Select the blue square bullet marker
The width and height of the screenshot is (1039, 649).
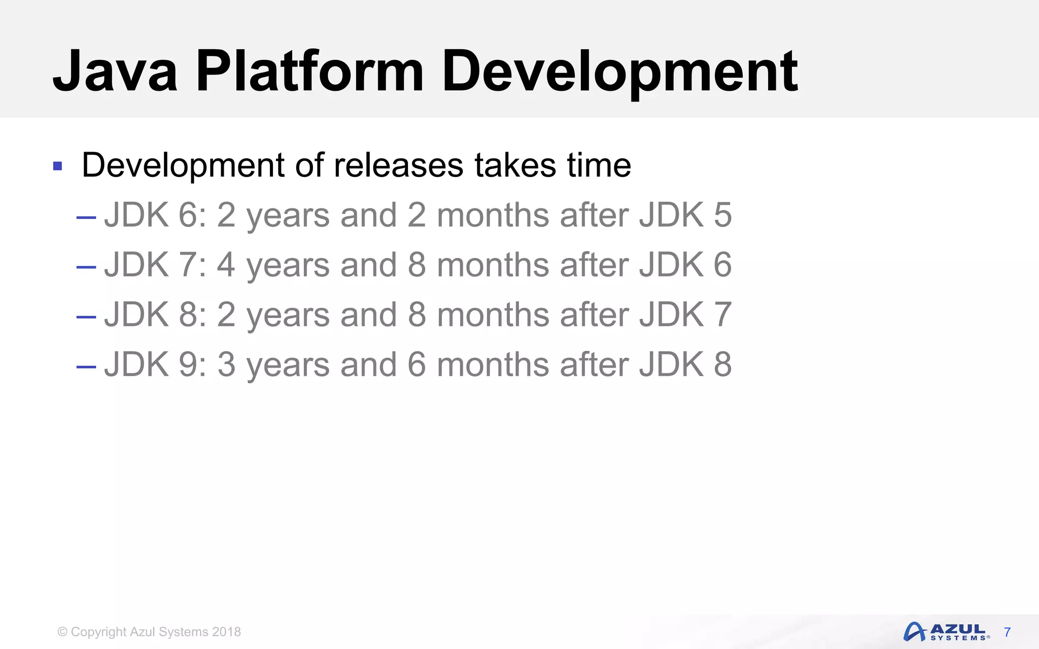tap(57, 166)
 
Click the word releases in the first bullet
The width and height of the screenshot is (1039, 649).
tap(398, 165)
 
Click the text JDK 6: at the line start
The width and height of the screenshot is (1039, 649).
tap(155, 215)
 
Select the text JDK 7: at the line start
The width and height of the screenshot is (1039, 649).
tap(155, 265)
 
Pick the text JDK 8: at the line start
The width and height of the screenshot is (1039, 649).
tap(155, 314)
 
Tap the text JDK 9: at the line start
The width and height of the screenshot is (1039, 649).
tap(155, 364)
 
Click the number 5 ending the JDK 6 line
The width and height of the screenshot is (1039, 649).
tap(722, 215)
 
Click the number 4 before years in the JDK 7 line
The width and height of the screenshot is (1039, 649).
tap(226, 265)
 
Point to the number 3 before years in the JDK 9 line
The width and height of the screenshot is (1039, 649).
tap(226, 364)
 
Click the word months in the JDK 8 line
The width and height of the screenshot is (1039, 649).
tap(493, 314)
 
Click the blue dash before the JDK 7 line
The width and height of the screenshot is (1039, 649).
tap(86, 267)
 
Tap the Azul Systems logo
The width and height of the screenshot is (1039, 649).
tap(946, 632)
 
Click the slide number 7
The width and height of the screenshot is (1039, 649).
tap(1008, 632)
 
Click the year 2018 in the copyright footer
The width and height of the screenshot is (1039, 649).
tap(226, 632)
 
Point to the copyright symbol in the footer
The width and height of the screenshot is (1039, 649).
tap(62, 632)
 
